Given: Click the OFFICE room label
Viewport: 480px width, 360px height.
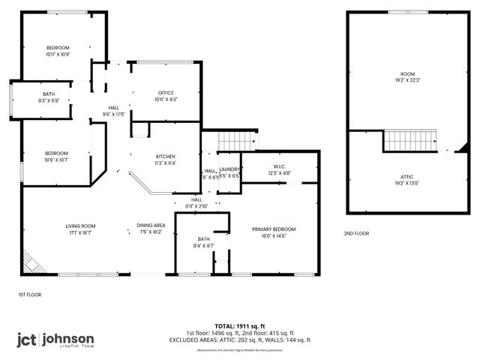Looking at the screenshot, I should [166, 92].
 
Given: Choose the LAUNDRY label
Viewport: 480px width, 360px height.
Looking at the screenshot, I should [229, 170].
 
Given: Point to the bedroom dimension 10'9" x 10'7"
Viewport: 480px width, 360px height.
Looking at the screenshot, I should [56, 160].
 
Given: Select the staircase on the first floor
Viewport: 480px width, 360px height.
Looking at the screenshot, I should [235, 139].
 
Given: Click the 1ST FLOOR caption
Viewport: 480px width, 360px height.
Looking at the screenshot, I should [29, 295].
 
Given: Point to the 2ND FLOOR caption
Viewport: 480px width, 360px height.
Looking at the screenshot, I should [356, 233].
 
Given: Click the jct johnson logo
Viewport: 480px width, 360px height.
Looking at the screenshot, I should [55, 339].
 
